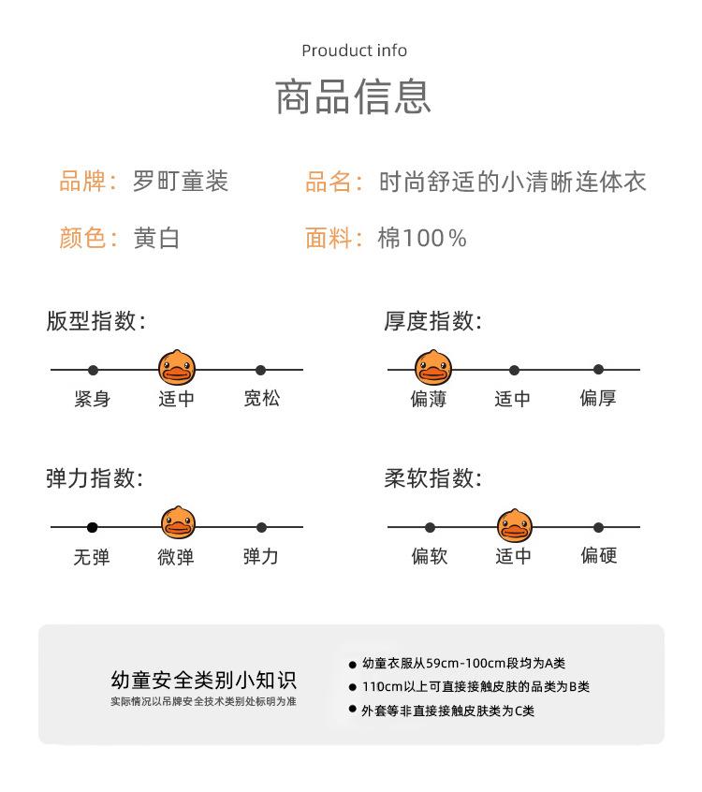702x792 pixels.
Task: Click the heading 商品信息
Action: click(353, 97)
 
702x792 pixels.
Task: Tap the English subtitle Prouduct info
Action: click(354, 51)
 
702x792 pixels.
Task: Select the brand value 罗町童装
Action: click(180, 182)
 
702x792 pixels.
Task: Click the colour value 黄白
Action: click(156, 239)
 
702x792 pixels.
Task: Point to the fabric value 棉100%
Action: click(422, 239)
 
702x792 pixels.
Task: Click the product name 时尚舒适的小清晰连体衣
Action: click(512, 182)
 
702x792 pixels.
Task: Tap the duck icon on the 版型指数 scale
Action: click(176, 368)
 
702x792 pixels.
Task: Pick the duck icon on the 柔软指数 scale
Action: click(513, 525)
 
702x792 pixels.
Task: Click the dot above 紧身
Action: click(93, 371)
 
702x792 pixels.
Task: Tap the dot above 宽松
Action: click(260, 371)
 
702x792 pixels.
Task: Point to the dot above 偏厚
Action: click(598, 370)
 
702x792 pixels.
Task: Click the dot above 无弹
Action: click(92, 527)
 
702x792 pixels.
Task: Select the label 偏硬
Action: click(598, 556)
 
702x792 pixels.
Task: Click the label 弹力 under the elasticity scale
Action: click(260, 556)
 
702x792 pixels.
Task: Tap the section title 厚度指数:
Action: click(432, 322)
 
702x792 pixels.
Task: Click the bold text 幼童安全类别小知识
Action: click(203, 680)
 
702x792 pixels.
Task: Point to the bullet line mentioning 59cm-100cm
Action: click(470, 664)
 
